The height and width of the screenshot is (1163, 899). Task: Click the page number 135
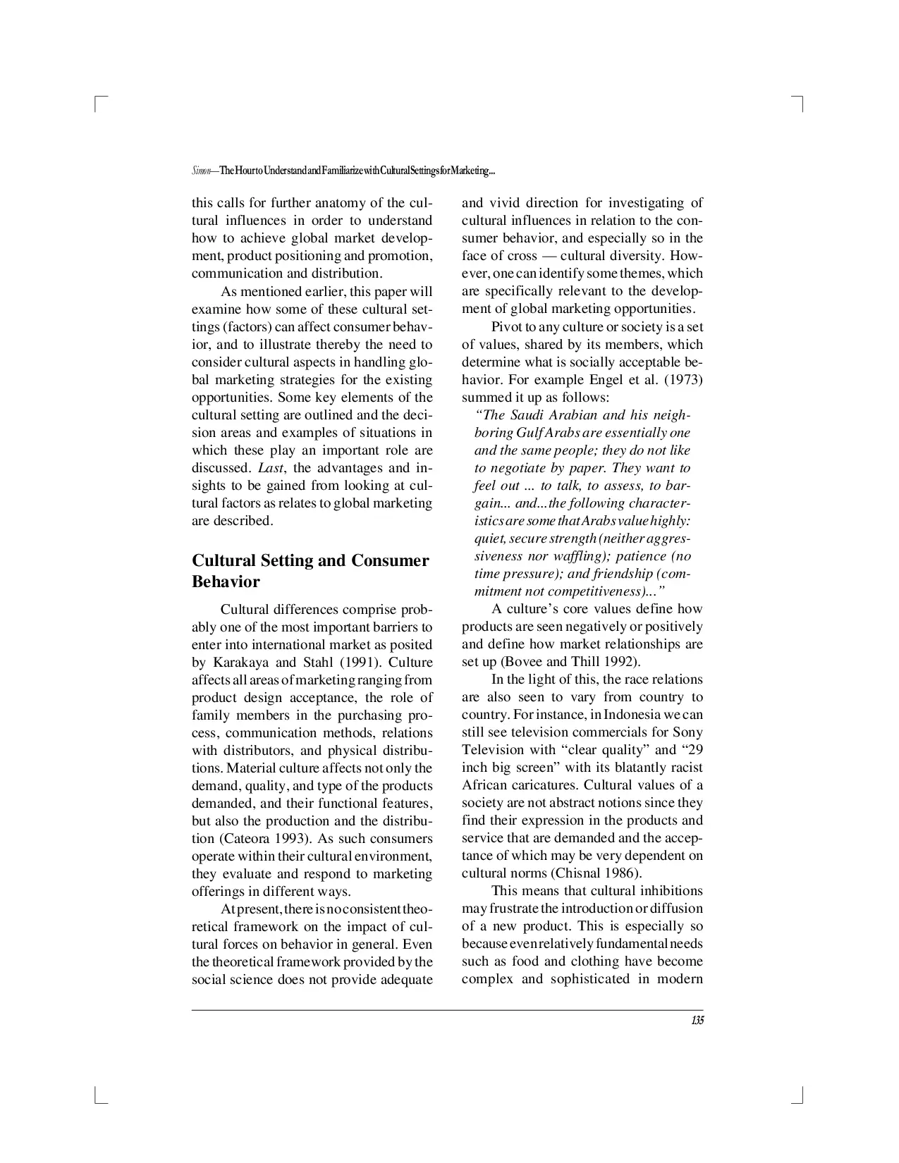697,1021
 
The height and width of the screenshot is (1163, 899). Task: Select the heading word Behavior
226,582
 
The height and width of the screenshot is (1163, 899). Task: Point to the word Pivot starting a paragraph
507,327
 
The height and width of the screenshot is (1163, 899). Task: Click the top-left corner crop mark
98,104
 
